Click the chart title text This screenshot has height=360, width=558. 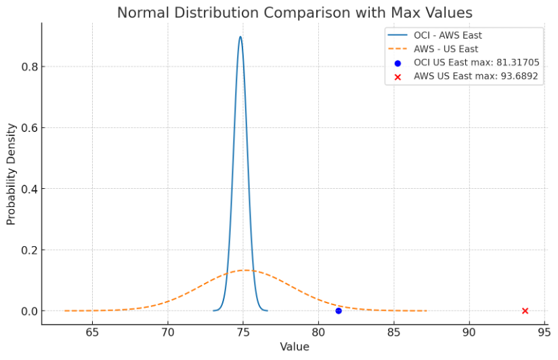pyautogui.click(x=295, y=12)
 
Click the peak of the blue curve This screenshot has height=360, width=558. pyautogui.click(x=240, y=37)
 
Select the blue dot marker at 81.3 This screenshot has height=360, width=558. pyautogui.click(x=339, y=311)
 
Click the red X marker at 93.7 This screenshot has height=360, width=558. pyautogui.click(x=525, y=311)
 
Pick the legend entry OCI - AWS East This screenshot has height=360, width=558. pyautogui.click(x=448, y=35)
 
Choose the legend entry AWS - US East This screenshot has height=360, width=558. pyautogui.click(x=446, y=49)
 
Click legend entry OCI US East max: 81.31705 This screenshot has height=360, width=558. pyautogui.click(x=476, y=62)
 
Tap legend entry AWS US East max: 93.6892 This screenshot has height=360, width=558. pyautogui.click(x=475, y=76)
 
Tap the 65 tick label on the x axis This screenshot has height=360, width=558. pyautogui.click(x=93, y=332)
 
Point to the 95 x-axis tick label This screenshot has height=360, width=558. pyautogui.click(x=544, y=332)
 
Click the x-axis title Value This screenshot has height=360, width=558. pyautogui.click(x=295, y=347)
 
